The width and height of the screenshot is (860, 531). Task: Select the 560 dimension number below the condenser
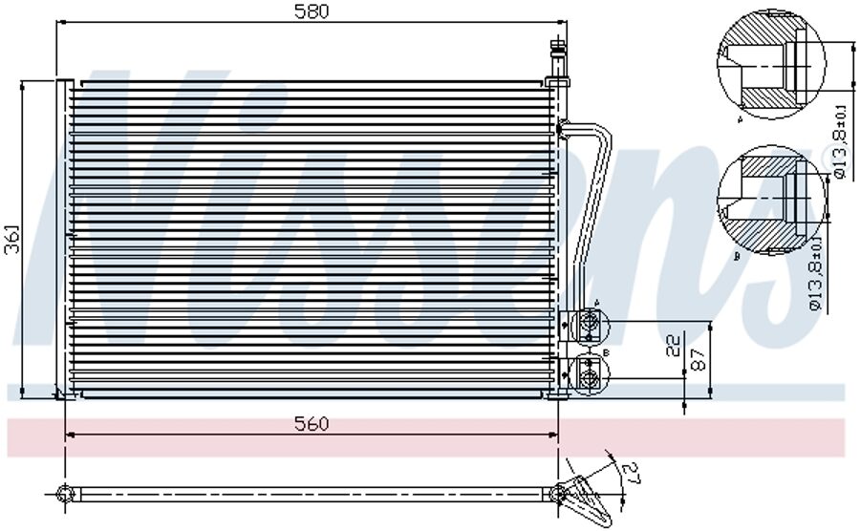click(x=311, y=424)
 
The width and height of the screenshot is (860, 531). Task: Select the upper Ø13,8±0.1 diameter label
click(x=840, y=143)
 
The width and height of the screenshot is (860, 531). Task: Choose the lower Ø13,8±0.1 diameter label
click(x=814, y=275)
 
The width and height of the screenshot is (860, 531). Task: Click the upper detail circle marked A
click(x=770, y=65)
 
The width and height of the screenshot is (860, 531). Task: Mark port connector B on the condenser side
click(x=588, y=373)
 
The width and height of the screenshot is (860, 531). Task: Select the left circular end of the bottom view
click(x=65, y=494)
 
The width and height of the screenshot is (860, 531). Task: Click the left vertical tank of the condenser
click(x=63, y=239)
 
